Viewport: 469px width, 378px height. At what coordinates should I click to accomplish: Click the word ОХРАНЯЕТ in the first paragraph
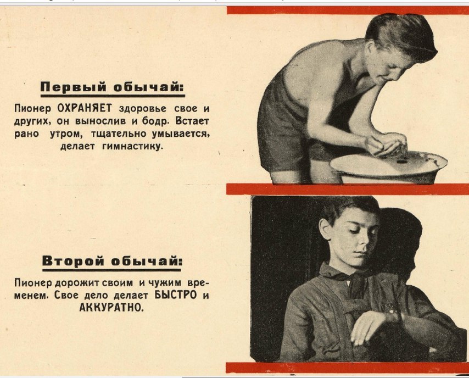tap(85, 108)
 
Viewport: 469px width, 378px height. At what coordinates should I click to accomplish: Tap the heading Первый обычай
tap(112, 87)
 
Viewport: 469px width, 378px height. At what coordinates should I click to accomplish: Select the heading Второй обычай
tap(111, 260)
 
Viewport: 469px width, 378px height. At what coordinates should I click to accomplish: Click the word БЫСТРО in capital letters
tap(176, 295)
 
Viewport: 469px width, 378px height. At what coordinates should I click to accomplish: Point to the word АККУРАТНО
tap(111, 307)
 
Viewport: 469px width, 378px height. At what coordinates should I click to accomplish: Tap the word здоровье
tap(142, 109)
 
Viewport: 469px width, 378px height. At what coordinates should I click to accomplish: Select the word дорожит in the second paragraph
tap(77, 282)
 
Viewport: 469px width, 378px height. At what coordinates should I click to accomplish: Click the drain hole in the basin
tap(401, 162)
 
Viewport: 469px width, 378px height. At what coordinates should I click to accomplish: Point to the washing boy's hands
tap(386, 144)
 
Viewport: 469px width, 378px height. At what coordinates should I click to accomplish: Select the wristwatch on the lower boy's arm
tap(394, 314)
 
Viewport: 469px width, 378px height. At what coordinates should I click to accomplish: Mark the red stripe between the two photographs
tap(348, 189)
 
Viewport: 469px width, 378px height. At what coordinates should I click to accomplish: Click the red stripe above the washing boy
tap(348, 10)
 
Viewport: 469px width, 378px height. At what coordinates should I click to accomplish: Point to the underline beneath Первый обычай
tap(113, 96)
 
